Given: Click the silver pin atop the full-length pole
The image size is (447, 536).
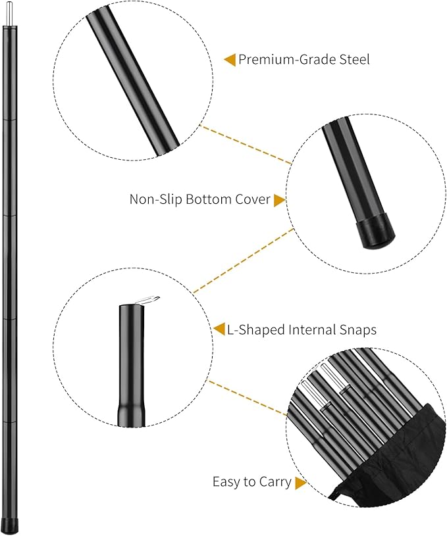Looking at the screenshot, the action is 9,13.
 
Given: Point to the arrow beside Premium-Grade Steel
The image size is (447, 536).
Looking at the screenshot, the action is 230,60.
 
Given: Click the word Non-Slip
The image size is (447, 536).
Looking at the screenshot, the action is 155,199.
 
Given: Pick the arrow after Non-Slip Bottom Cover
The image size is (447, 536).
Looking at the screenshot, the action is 279,201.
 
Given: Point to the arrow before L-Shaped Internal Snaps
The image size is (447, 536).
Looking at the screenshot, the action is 219,329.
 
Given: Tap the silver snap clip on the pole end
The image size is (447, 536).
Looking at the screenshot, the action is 148,300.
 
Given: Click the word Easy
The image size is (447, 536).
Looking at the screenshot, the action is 226,481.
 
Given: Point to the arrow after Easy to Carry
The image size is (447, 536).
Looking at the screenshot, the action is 300,483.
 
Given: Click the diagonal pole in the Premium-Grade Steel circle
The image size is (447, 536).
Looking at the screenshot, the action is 133,83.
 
